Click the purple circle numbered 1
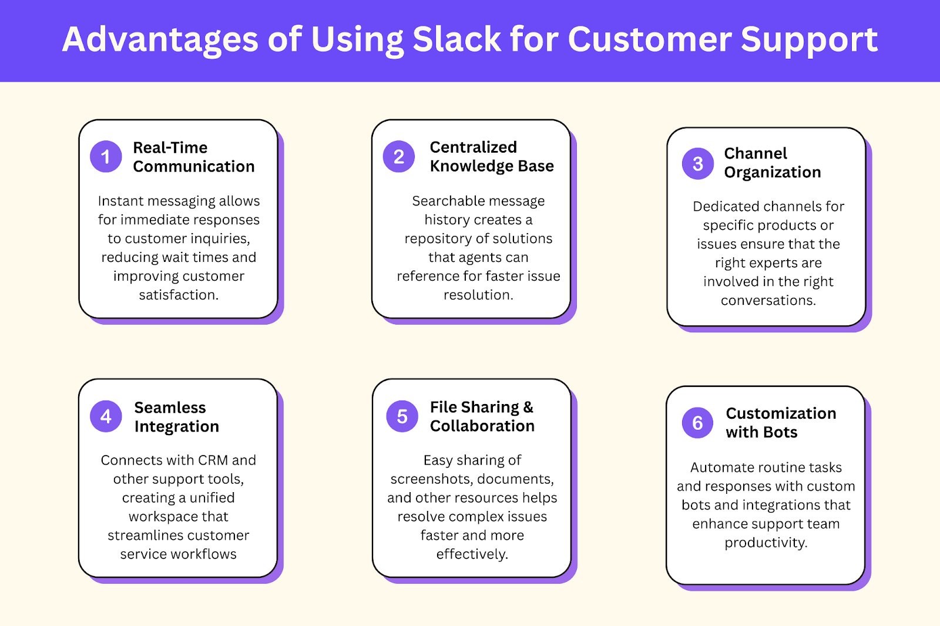(x=106, y=156)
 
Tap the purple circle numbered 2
(x=399, y=156)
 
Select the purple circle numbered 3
(x=697, y=163)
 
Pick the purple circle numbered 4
(x=106, y=416)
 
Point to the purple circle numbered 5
(x=402, y=416)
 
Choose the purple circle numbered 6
(x=697, y=423)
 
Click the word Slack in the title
(x=456, y=39)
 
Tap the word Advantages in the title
(x=160, y=39)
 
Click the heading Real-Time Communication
(x=193, y=157)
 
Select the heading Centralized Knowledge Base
(x=491, y=156)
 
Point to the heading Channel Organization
(x=772, y=163)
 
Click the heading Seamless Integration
(x=176, y=417)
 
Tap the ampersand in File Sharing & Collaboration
(x=528, y=406)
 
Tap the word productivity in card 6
(x=766, y=543)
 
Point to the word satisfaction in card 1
(x=178, y=295)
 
